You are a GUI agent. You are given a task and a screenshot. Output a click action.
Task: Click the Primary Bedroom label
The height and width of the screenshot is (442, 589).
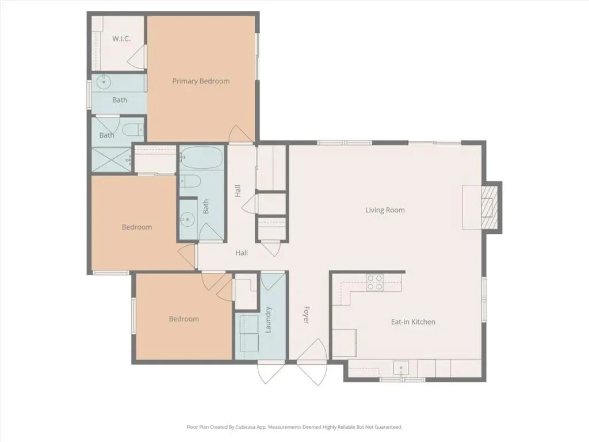(201, 81)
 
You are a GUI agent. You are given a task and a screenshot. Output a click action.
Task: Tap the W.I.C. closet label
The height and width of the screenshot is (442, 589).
(121, 39)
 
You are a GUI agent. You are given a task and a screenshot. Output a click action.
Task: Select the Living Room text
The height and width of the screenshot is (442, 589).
(385, 210)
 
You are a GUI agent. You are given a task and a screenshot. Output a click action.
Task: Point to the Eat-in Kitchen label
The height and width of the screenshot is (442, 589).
(413, 322)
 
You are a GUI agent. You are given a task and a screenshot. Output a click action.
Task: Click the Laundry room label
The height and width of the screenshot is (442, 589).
(268, 320)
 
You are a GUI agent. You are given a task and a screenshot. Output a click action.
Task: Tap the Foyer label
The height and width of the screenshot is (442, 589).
(306, 315)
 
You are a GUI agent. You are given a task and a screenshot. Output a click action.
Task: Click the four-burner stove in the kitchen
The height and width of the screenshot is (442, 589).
(375, 283)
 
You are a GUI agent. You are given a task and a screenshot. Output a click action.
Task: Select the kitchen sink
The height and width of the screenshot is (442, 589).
(401, 368)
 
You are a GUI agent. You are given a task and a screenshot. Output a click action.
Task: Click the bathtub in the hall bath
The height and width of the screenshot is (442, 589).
(202, 158)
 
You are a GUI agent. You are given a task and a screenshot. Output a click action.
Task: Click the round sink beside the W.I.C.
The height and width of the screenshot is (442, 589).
(104, 82)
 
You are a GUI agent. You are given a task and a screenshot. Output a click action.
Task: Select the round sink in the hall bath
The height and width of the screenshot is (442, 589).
(187, 219)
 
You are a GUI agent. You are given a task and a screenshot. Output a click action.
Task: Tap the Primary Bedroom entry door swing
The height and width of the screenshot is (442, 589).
(241, 134)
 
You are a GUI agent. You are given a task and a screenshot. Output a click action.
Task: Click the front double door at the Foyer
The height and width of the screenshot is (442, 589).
(312, 362)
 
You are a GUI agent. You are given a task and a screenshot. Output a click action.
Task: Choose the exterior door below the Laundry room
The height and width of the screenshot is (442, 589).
(270, 372)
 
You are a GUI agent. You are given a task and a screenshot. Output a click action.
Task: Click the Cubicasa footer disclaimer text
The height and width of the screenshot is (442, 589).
(294, 427)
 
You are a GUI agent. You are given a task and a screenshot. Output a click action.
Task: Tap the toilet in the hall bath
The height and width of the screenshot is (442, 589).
(190, 181)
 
